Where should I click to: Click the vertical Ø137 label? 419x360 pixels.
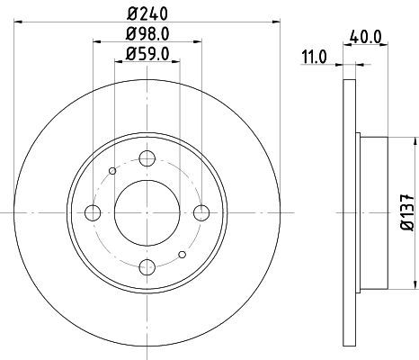point(406,212)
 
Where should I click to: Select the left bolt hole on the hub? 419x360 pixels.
point(93,212)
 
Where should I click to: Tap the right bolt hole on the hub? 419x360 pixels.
point(201,212)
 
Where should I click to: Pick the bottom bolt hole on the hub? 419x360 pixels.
point(147,266)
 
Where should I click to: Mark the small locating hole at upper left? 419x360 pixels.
point(112,171)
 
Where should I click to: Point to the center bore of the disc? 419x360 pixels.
point(147,212)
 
